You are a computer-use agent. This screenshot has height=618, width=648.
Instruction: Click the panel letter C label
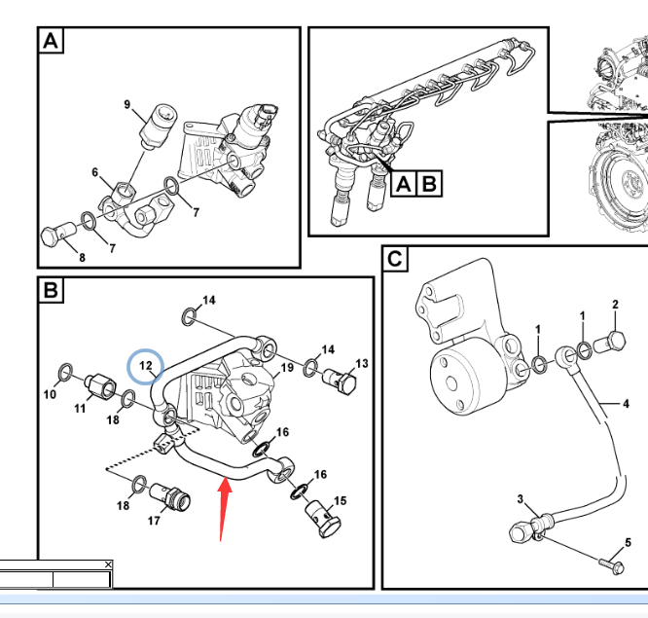(x=393, y=260)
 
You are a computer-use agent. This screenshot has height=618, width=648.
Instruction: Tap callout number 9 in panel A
(x=126, y=104)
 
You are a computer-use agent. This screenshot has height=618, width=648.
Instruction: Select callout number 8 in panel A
(x=82, y=257)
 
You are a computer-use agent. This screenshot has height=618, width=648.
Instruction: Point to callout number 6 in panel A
(x=95, y=173)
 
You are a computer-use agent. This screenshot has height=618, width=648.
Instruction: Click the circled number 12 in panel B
(x=146, y=366)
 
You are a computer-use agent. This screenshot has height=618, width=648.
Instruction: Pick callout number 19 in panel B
(x=287, y=368)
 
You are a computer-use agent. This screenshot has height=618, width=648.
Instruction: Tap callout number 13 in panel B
(x=361, y=364)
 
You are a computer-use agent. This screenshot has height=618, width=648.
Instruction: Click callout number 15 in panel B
(x=340, y=501)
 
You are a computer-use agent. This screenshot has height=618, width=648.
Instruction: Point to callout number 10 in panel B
(x=50, y=394)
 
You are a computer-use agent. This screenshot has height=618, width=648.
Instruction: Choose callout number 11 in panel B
(x=81, y=410)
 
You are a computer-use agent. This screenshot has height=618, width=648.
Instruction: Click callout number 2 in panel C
(x=615, y=305)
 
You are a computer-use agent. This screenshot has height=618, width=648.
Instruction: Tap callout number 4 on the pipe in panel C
(x=627, y=403)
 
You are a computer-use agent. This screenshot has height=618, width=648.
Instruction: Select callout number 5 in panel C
(x=628, y=542)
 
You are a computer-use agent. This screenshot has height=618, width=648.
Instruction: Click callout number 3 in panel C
(x=521, y=500)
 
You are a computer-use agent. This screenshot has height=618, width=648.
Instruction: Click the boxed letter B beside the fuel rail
(x=429, y=183)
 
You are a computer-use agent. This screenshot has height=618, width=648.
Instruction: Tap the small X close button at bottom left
(x=108, y=564)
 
